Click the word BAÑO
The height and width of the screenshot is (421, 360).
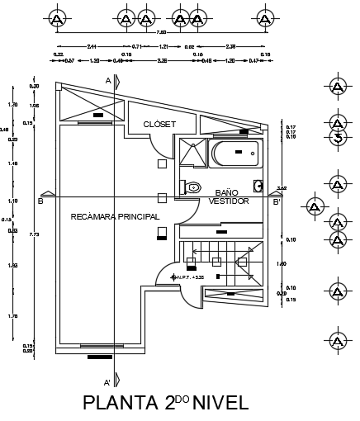pos(227,192)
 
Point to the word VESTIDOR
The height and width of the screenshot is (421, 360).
pos(229,201)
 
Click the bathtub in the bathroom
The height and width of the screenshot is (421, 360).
pos(235,154)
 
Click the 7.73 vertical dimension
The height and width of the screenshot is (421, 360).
pos(31,235)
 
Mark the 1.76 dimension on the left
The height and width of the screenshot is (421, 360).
pos(12,316)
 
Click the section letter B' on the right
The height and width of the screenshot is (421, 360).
pos(277,201)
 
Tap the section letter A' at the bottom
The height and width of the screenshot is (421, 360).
pos(107,383)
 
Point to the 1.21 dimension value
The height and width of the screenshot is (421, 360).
pos(163,45)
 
